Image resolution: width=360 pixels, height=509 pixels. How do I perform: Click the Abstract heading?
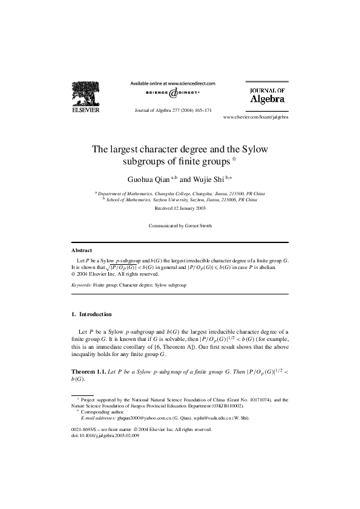coord(82,250)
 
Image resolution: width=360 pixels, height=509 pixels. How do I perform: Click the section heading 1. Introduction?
coord(91,314)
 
